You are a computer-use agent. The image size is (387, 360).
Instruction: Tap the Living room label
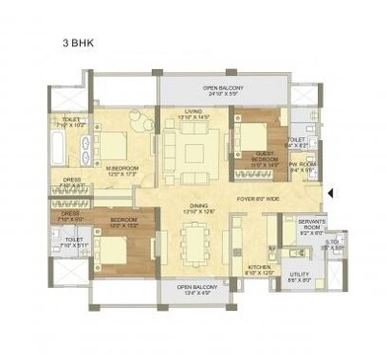193,114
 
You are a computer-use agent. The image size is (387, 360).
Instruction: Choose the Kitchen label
259,268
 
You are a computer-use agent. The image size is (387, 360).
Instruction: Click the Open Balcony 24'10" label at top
222,91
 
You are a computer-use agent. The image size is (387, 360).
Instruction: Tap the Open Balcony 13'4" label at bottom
198,290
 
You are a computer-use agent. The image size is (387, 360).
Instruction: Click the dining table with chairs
195,240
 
